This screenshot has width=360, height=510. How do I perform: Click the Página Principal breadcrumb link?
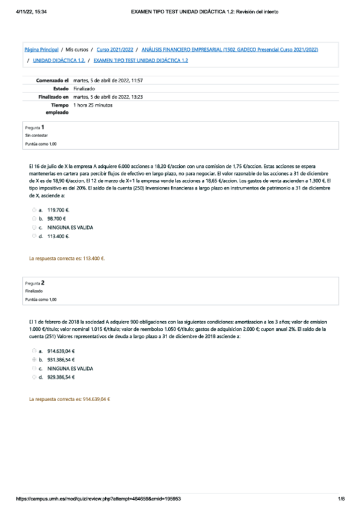[x=41, y=49]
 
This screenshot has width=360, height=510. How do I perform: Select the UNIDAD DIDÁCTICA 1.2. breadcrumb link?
[x=58, y=61]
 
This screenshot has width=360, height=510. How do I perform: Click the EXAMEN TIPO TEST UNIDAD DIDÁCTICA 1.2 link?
[x=141, y=61]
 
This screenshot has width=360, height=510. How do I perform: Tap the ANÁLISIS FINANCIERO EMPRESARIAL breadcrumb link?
[x=230, y=49]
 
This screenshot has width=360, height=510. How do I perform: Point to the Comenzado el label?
[x=53, y=80]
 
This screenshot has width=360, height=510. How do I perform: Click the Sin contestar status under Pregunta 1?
[x=36, y=136]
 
